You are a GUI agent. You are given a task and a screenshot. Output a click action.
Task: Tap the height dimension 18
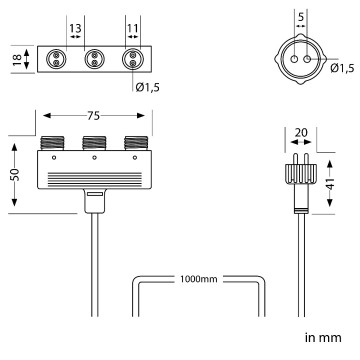pos(15,58)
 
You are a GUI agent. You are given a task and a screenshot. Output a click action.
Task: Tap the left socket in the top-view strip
pos(57,58)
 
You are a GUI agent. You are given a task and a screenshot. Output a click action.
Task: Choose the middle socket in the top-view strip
pos(94,58)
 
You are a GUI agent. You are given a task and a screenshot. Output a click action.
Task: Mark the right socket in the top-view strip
pos(131,58)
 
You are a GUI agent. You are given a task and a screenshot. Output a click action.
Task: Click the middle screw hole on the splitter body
pos(94,158)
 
